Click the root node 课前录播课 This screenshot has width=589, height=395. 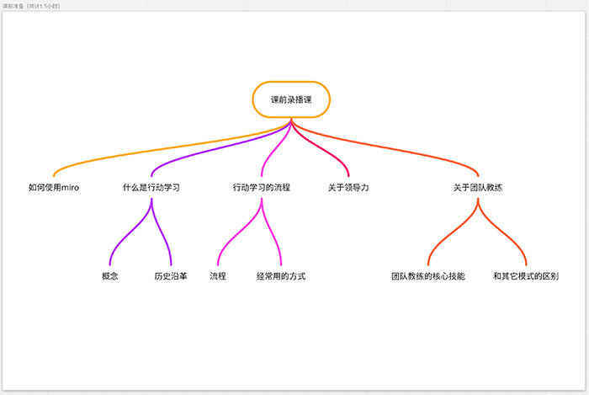pos(291,99)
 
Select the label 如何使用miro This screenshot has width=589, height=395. pos(53,188)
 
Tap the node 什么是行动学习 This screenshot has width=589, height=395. pos(151,188)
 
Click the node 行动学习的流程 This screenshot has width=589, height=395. pos(262,188)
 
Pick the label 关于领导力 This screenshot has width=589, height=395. pos(348,188)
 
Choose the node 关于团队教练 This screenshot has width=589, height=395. pos(478,188)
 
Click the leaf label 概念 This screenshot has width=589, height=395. pos(109,276)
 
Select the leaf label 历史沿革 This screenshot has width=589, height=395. pos(171,276)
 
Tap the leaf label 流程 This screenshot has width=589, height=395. pos(218,276)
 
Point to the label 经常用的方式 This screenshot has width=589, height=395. pos(281,276)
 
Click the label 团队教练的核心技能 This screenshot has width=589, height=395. pos(428,276)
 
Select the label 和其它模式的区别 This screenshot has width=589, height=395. pos(526,276)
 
